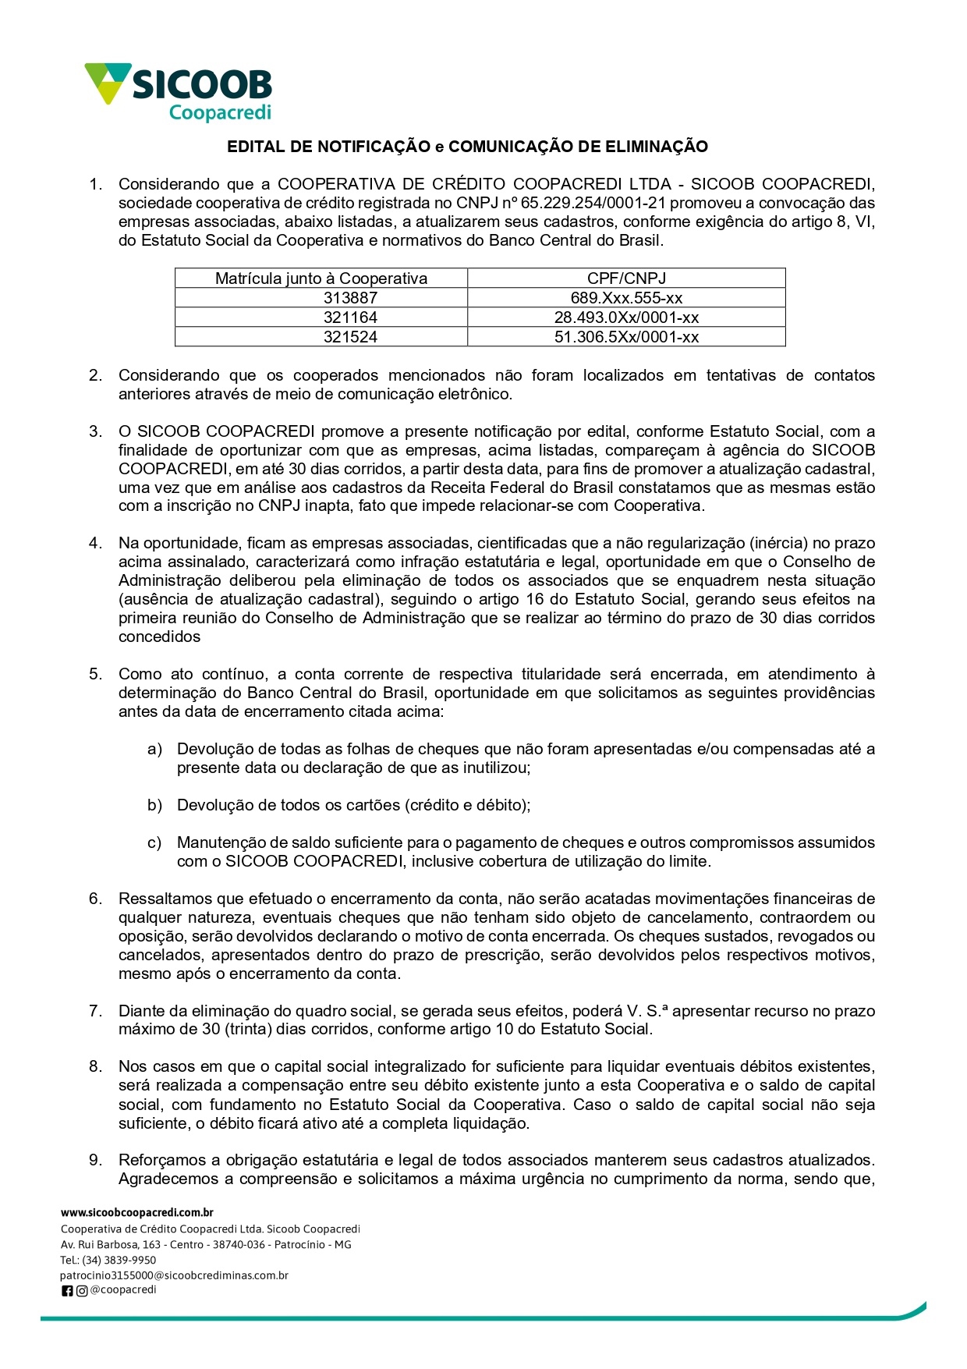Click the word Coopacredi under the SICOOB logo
220,113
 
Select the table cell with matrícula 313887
350,298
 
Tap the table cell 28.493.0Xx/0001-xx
626,317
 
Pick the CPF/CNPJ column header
626,278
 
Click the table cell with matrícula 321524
350,337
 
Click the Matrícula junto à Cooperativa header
321,278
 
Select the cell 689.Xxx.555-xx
626,298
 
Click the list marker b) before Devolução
154,805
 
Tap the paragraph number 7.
95,1011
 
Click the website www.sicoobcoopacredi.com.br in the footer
137,1212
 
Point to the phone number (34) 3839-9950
119,1260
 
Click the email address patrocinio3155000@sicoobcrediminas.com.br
174,1275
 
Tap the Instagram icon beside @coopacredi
82,1291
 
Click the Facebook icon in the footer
67,1291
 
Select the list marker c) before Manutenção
154,842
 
